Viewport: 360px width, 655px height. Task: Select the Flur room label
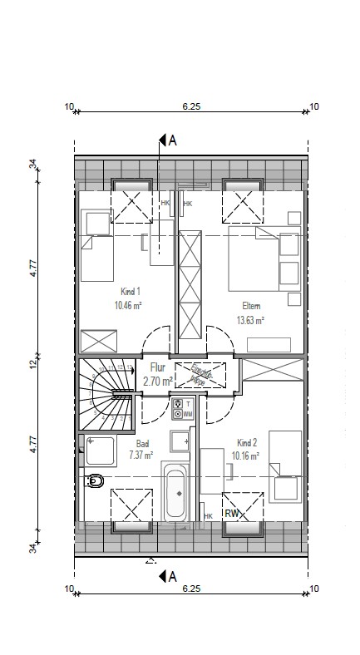tap(157, 367)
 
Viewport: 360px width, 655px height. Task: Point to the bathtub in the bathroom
tap(175, 493)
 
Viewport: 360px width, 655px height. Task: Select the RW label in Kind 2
tap(232, 514)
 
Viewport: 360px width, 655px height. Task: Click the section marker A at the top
tap(173, 140)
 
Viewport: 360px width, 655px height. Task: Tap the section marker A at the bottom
tap(173, 575)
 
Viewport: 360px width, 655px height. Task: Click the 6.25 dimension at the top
tap(192, 106)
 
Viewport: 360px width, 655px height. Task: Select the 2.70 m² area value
tap(157, 381)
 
